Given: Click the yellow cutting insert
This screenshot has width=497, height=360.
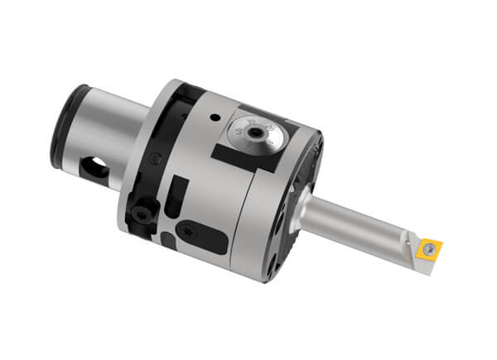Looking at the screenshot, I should [x=431, y=247].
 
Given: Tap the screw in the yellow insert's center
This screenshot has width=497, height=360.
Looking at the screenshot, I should [x=432, y=247].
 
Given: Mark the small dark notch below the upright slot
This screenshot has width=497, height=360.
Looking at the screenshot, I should [x=168, y=241].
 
